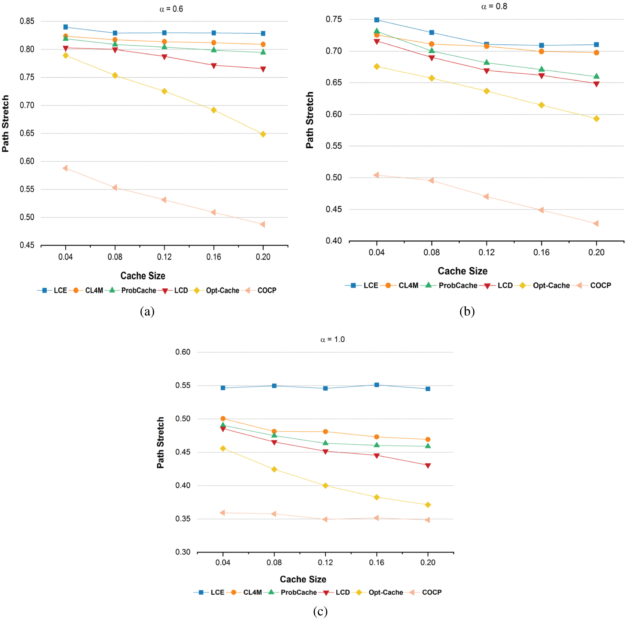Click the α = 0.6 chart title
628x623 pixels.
[171, 9]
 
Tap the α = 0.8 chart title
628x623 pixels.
[494, 6]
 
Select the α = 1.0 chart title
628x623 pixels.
[332, 339]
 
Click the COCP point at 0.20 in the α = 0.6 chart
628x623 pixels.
[263, 224]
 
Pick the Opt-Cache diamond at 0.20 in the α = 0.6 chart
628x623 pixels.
[263, 134]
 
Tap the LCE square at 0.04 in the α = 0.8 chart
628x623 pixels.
[376, 20]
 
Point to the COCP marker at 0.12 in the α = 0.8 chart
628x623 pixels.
[486, 197]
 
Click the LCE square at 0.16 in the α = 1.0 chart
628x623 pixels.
[376, 385]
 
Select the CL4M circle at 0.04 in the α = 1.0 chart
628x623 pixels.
[223, 419]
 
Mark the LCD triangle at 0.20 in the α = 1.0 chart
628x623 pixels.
[428, 466]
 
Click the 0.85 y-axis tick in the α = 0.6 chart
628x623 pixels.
[27, 21]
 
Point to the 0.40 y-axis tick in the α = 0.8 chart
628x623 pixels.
[333, 241]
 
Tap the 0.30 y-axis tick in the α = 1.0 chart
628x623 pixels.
[183, 552]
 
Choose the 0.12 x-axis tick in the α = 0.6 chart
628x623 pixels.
[164, 257]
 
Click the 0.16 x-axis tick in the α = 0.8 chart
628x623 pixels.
[541, 252]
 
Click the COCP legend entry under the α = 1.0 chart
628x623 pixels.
[426, 593]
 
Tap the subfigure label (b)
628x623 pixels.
[467, 311]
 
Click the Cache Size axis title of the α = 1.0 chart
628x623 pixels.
[303, 579]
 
